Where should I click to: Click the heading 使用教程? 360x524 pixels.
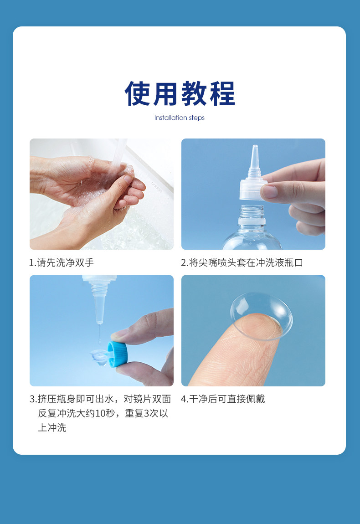click(x=180, y=93)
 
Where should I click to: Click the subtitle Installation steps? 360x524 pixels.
click(x=180, y=118)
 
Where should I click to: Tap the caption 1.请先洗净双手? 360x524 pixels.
click(x=62, y=262)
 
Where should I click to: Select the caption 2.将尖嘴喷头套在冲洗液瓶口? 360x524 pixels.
click(x=242, y=262)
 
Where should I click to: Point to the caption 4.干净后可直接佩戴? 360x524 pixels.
click(x=223, y=399)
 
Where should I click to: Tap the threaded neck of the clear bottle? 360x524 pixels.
click(x=252, y=212)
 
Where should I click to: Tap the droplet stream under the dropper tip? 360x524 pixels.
click(x=99, y=334)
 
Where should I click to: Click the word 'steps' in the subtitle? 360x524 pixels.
click(x=196, y=118)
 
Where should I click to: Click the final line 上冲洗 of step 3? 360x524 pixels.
click(x=52, y=428)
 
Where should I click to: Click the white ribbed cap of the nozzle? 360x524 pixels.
click(x=253, y=189)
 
